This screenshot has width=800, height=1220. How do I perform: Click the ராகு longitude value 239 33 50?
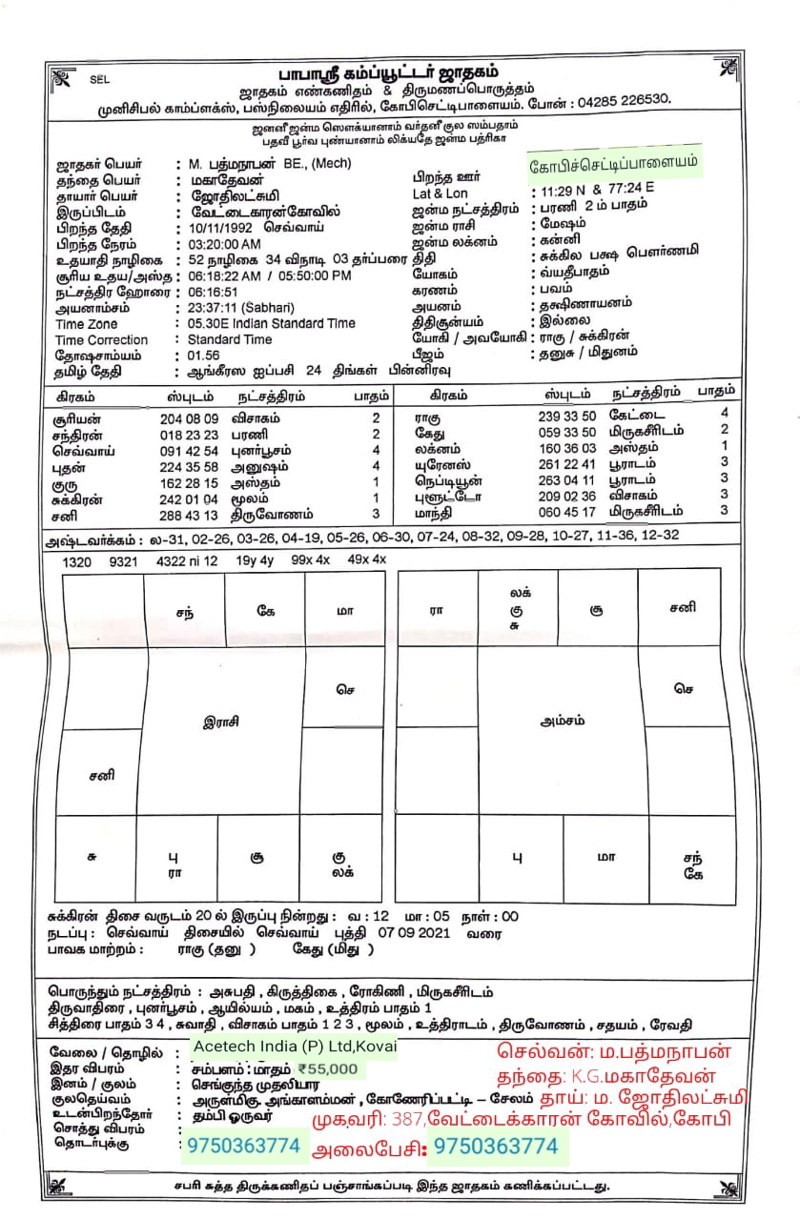tap(567, 415)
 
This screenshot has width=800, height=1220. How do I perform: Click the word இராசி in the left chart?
tap(221, 722)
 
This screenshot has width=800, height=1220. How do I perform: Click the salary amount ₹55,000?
tap(327, 1069)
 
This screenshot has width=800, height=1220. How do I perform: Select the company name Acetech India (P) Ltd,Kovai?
tap(294, 1047)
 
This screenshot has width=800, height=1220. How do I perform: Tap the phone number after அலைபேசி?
tap(495, 1147)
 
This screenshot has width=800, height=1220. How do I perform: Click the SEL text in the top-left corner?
tap(100, 80)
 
